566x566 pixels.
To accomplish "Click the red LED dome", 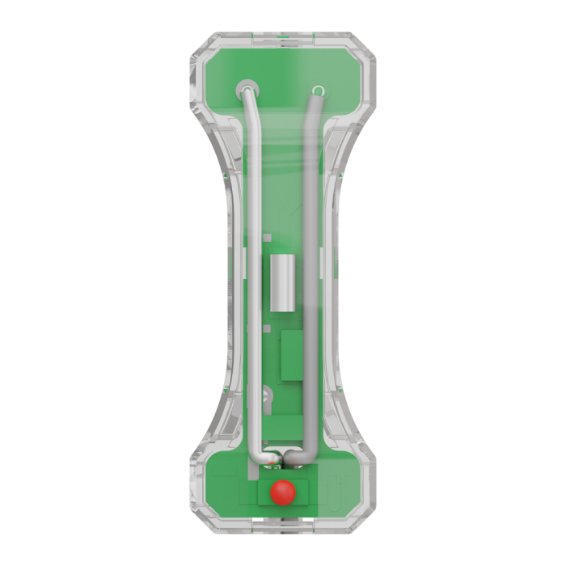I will point(282,492).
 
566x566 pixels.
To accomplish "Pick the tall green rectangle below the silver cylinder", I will point(290,357).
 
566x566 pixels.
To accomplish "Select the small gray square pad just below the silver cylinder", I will point(277,318).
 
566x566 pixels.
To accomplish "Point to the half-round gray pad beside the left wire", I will point(266,396).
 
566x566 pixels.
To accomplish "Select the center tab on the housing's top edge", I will point(282,36).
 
